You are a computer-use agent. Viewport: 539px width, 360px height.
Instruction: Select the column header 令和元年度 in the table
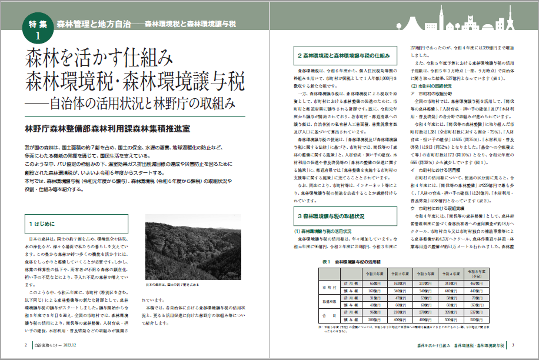point(375,274)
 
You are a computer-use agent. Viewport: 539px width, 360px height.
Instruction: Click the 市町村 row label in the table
point(329,288)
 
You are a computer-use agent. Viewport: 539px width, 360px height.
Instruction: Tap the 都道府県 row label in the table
point(329,303)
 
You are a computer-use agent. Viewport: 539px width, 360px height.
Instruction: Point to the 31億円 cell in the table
point(375,298)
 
